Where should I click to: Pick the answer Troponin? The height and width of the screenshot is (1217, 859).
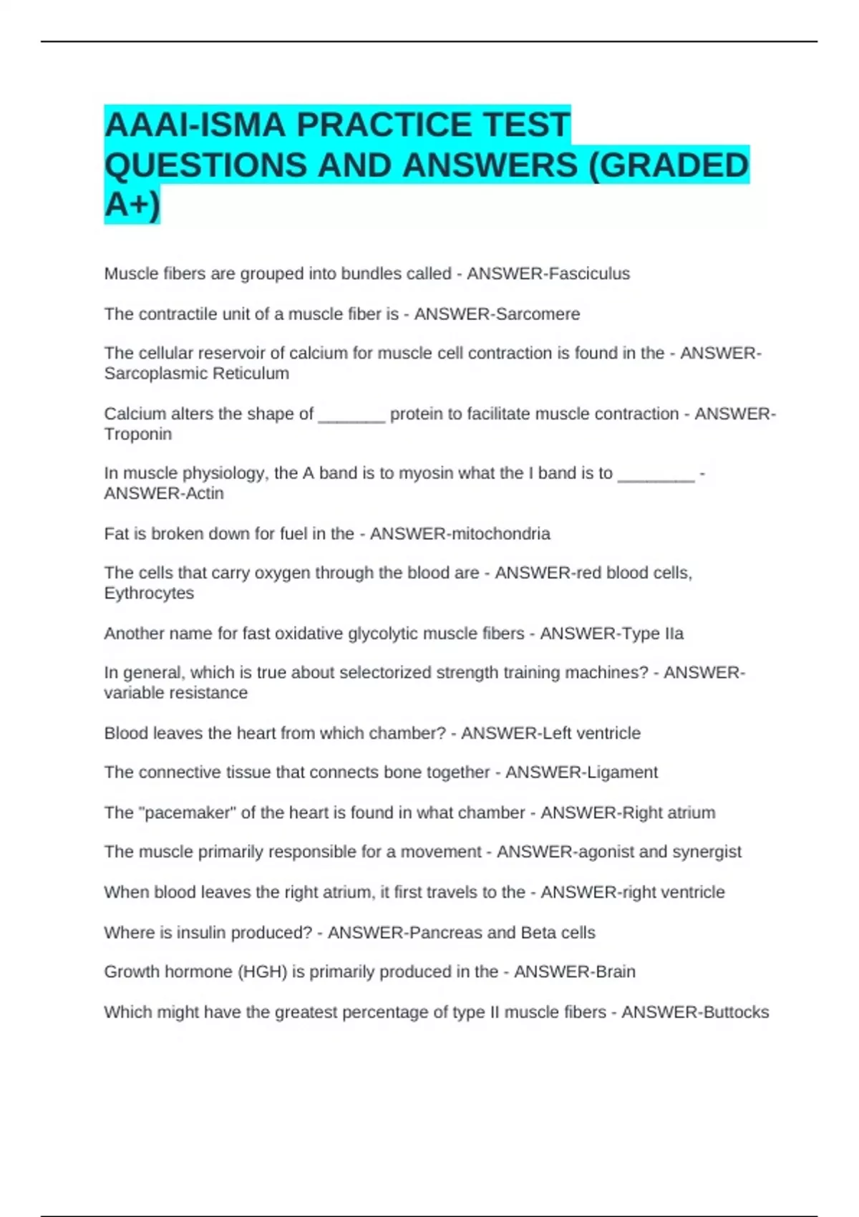[137, 434]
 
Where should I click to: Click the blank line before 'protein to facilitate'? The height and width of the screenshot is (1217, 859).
[351, 415]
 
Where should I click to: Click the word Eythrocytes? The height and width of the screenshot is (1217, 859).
[149, 593]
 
